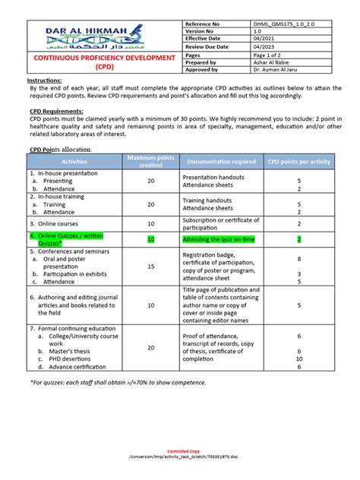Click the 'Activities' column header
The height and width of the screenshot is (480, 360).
(x=74, y=162)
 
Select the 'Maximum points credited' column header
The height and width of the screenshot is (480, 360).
(x=150, y=162)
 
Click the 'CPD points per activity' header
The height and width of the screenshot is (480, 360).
(x=298, y=162)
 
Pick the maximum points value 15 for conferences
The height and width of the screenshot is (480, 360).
(x=150, y=267)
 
